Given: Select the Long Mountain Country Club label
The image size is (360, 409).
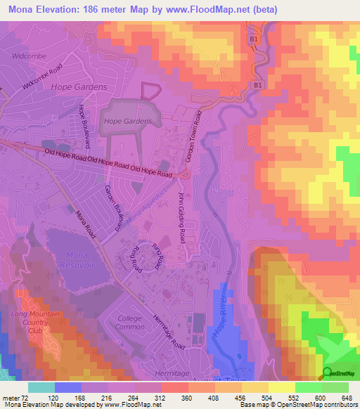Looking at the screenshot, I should click(28, 321).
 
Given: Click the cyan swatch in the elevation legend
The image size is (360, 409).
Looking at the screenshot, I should click(41, 387).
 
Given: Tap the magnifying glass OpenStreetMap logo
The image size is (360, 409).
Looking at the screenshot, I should click(328, 373).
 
